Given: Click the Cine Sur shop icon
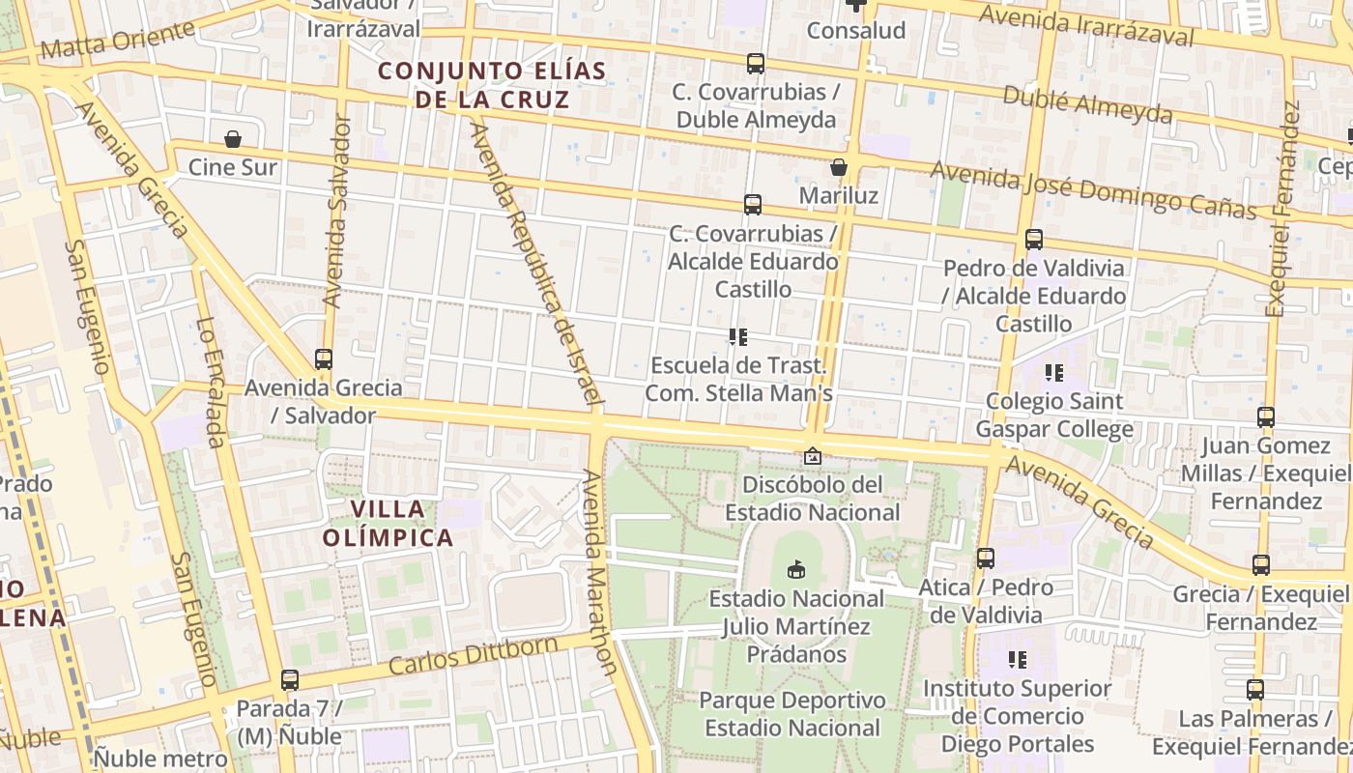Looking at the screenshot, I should click(x=233, y=140).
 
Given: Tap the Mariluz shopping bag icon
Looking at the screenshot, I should click(x=839, y=168).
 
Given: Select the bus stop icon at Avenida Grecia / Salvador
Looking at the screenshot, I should click(x=324, y=359).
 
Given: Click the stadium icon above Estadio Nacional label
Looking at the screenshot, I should click(x=796, y=570).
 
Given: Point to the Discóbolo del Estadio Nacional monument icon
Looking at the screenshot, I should click(x=813, y=455).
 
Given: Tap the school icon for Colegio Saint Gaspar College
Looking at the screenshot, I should click(x=1053, y=372).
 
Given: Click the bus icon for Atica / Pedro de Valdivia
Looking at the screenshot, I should click(x=986, y=558).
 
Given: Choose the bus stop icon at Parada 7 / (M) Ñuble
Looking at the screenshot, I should click(x=289, y=680).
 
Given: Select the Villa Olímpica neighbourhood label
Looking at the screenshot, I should click(x=401, y=523).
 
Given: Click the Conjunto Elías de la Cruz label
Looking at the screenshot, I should click(x=492, y=84).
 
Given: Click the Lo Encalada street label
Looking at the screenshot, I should click(x=211, y=383).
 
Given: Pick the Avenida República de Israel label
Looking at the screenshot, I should click(x=535, y=261).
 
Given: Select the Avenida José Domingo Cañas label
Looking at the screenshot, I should click(x=1093, y=190).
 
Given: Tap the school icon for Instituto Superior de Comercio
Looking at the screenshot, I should click(x=1017, y=660).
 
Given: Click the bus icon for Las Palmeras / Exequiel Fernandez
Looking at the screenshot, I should click(x=1254, y=690).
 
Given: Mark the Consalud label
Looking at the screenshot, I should click(x=856, y=31).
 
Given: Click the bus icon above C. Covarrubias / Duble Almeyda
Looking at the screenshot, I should click(x=756, y=64).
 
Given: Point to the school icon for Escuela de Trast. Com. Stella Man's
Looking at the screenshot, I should click(x=738, y=337).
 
